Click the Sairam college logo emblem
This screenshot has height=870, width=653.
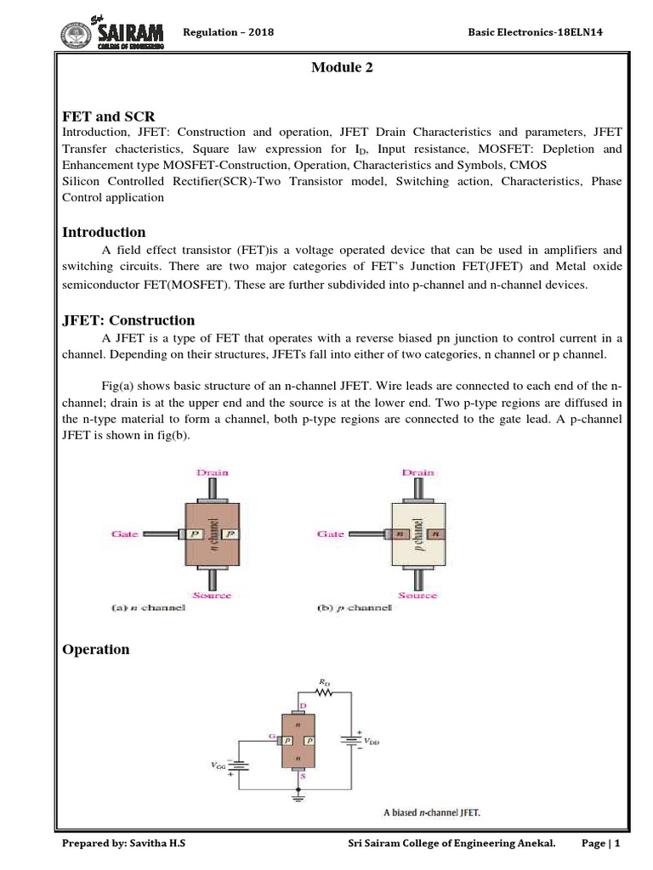79,35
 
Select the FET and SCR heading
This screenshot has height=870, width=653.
109,116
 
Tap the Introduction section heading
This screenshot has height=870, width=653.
105,232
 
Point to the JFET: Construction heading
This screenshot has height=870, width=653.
129,320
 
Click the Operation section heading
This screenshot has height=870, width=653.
96,649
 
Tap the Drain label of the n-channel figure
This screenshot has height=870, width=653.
212,472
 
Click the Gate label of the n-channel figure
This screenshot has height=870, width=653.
125,534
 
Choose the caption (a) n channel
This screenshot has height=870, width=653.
149,608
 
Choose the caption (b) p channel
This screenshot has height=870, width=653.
355,608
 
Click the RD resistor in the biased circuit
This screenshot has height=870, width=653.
322,692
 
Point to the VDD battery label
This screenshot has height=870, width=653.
373,741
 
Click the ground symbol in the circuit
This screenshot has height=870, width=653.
298,796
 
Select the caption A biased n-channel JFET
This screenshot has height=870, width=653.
431,812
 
